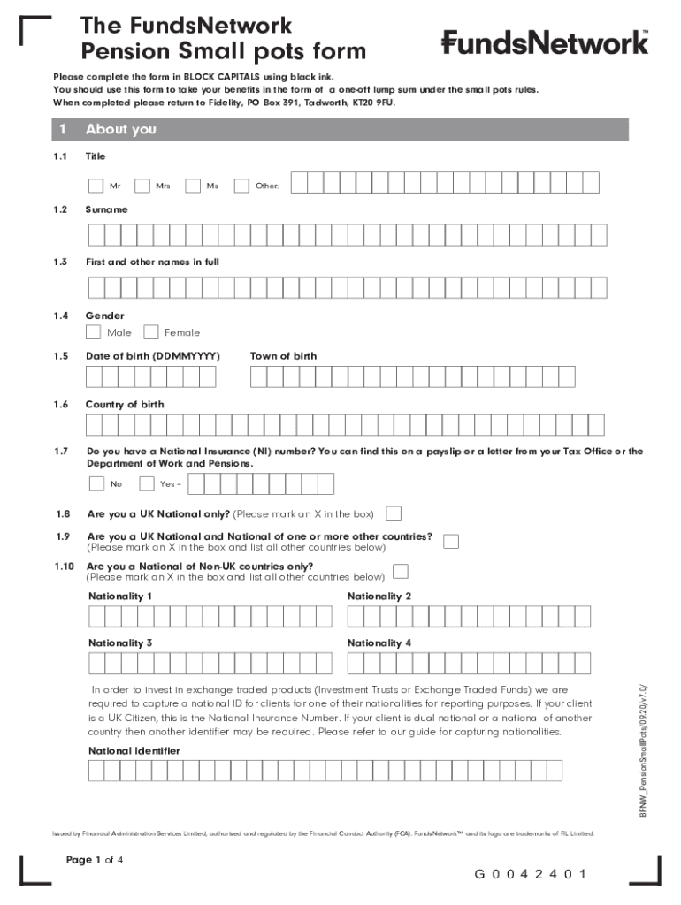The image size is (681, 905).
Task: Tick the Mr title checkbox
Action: pos(96,186)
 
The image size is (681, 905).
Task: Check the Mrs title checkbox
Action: pos(143,186)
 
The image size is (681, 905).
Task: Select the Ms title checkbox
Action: pos(193,186)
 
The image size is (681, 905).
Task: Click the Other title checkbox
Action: pos(241,186)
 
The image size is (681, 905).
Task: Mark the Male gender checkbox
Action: pos(93,332)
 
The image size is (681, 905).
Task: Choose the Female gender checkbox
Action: pos(151,332)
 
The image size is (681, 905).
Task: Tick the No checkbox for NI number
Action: pos(96,483)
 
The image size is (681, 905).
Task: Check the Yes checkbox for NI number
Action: pos(146,483)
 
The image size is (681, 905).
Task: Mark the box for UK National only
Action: pos(394,513)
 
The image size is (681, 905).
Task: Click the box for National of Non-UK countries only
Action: pos(401,571)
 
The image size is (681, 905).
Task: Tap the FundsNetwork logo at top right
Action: pos(545,42)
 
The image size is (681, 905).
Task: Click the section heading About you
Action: pos(120,130)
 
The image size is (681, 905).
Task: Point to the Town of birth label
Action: pos(283,356)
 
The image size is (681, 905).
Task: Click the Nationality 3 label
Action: pos(120,643)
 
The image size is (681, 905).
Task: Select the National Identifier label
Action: pos(134,750)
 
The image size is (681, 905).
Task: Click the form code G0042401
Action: pos(531,875)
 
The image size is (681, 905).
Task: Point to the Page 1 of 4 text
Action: pos(95,860)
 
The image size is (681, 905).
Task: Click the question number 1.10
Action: pos(62,567)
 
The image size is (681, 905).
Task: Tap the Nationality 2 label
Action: pos(379,597)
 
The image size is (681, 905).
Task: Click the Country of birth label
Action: pos(124,405)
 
